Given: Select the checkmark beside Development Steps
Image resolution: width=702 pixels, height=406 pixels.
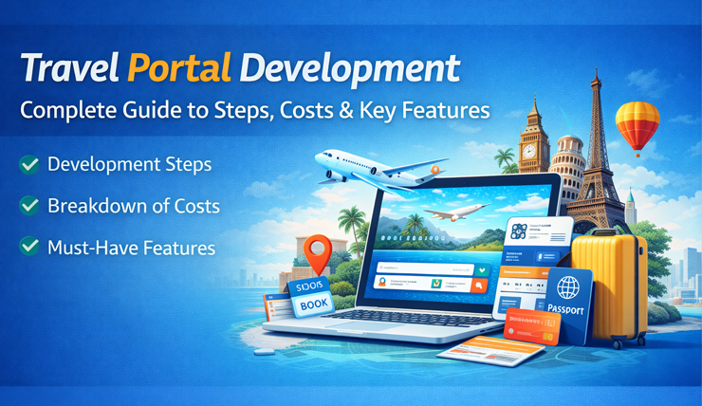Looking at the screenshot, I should tap(28, 164).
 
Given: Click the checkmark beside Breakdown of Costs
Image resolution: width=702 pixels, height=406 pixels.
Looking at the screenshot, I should tap(28, 205).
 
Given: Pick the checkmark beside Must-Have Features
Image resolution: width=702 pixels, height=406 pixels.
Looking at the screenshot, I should tap(28, 248).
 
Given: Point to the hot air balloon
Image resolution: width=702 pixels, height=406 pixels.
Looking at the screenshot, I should tap(637, 125).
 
